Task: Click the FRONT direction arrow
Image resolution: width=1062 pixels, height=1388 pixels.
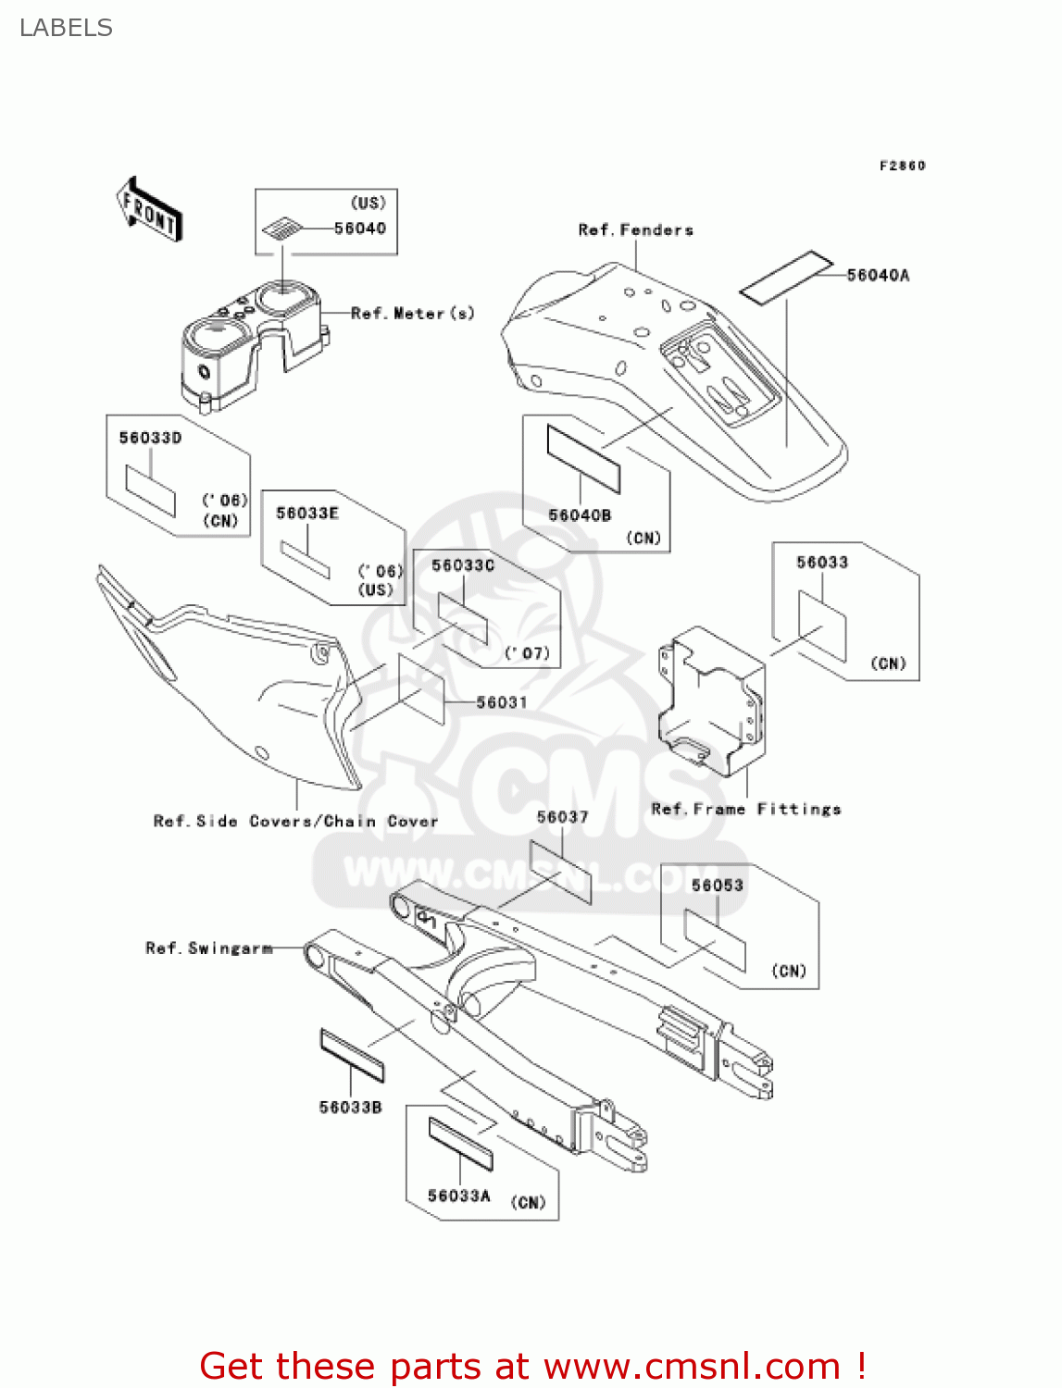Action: point(149,210)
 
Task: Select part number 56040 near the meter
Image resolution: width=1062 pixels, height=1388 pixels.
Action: point(360,229)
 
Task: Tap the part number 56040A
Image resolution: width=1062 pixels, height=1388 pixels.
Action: point(878,275)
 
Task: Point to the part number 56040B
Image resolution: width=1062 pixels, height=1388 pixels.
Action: point(580,515)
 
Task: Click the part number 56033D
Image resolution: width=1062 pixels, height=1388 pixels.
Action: point(150,438)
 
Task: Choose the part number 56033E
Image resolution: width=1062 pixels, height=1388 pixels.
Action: point(307,513)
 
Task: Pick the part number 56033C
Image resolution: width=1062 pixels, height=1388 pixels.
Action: point(463,565)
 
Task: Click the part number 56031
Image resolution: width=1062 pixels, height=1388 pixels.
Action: point(502,702)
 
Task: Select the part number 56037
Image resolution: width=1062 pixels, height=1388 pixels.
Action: point(563,817)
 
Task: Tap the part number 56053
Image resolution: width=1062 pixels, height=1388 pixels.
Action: point(718,886)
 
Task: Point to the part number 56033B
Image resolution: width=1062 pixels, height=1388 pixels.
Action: point(350,1108)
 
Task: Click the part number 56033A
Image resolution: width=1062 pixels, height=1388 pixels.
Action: point(459,1196)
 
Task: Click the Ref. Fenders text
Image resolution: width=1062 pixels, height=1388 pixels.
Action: point(635,229)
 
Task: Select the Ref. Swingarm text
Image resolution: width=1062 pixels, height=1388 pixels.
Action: point(209,948)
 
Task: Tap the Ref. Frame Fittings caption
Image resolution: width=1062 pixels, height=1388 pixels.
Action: point(746,809)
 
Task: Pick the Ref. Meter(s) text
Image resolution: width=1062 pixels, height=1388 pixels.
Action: point(413,314)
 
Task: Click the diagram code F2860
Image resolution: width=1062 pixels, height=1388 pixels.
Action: point(902,166)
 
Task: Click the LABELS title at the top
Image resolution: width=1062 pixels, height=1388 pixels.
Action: point(66,28)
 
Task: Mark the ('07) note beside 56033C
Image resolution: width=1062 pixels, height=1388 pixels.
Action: point(528,653)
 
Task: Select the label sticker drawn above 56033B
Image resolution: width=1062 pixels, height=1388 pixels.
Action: point(352,1054)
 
